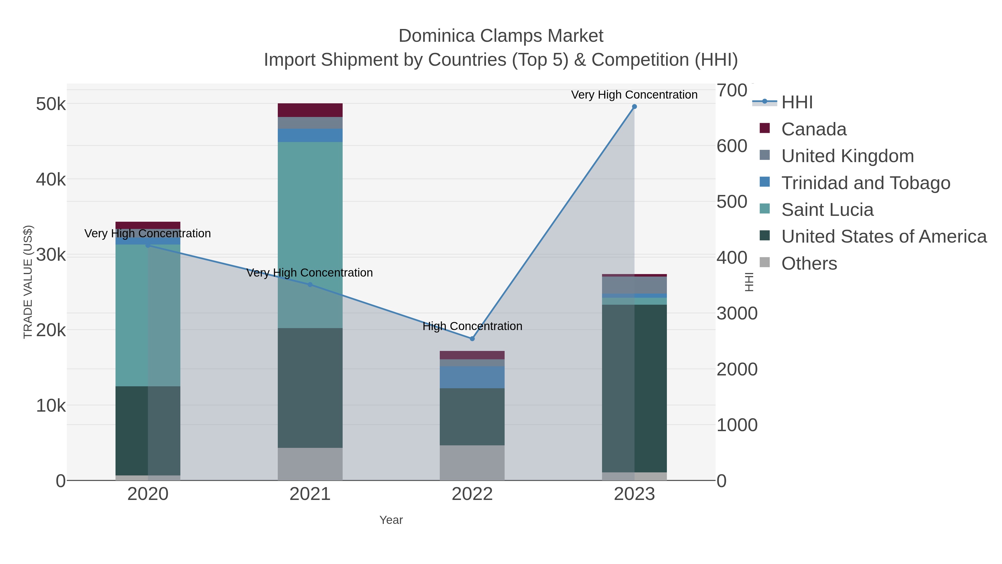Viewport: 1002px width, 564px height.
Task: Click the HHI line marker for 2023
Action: coord(634,107)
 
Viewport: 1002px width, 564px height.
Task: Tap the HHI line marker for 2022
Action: coord(472,339)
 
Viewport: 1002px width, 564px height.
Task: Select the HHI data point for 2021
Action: coord(310,285)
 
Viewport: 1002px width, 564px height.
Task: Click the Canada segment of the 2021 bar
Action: coord(310,110)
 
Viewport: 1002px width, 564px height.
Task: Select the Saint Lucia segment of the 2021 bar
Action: coord(310,234)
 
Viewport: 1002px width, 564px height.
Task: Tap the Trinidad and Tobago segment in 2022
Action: coord(472,377)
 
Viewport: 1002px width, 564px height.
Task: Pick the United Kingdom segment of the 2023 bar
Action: coord(634,285)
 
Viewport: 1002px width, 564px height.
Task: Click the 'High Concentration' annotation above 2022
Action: coord(472,326)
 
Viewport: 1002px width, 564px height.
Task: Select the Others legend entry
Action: coord(809,263)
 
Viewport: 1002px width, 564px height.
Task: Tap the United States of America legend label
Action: coord(884,237)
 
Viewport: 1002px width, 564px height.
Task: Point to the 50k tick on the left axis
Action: coord(51,104)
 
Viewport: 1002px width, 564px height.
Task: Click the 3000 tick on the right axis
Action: coord(737,314)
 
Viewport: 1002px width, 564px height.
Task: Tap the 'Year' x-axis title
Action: coord(391,520)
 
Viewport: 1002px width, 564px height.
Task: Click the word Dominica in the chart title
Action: coord(436,36)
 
